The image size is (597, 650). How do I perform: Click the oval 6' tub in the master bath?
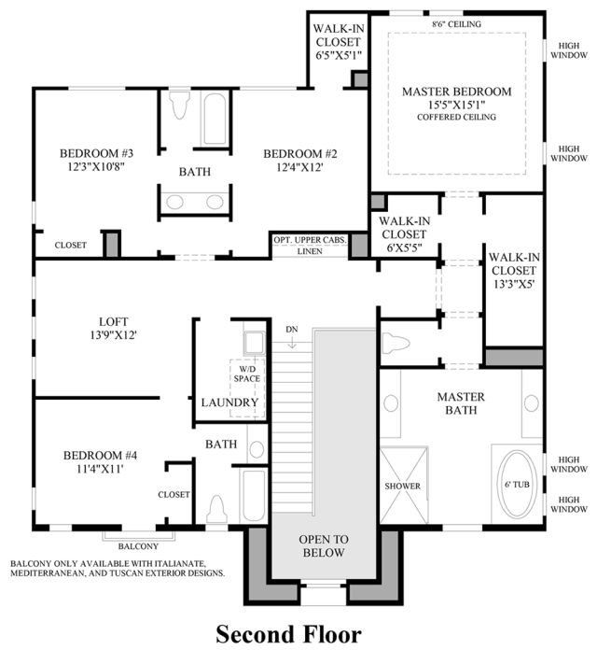pyautogui.click(x=518, y=483)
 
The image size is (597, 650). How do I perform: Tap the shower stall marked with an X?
pyautogui.click(x=404, y=485)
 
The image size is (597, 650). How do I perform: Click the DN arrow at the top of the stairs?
pyautogui.click(x=292, y=343)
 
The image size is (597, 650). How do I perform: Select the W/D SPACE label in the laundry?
pyautogui.click(x=247, y=374)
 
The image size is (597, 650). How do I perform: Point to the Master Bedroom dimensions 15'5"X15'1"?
pyautogui.click(x=457, y=105)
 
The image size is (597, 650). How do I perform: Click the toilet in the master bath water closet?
pyautogui.click(x=396, y=344)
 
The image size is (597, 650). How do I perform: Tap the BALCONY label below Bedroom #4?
pyautogui.click(x=138, y=546)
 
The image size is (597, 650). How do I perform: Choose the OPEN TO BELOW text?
pyautogui.click(x=324, y=545)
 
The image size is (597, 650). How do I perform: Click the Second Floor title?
pyautogui.click(x=288, y=634)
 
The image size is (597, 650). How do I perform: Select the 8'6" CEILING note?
pyautogui.click(x=457, y=24)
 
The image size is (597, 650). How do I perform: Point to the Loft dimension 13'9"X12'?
pyautogui.click(x=114, y=335)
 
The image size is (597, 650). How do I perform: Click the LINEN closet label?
pyautogui.click(x=310, y=251)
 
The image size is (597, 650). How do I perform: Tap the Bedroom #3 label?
pyautogui.click(x=96, y=153)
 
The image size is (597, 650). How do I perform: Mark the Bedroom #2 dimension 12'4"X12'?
pyautogui.click(x=299, y=167)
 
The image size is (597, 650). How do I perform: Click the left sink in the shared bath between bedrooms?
pyautogui.click(x=174, y=203)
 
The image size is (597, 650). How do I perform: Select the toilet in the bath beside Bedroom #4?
pyautogui.click(x=217, y=509)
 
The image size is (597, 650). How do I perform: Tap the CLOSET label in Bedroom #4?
pyautogui.click(x=174, y=495)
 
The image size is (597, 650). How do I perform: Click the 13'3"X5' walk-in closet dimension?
pyautogui.click(x=514, y=284)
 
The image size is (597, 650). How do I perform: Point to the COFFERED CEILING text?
pyautogui.click(x=457, y=117)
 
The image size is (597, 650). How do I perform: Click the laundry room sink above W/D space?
pyautogui.click(x=255, y=343)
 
